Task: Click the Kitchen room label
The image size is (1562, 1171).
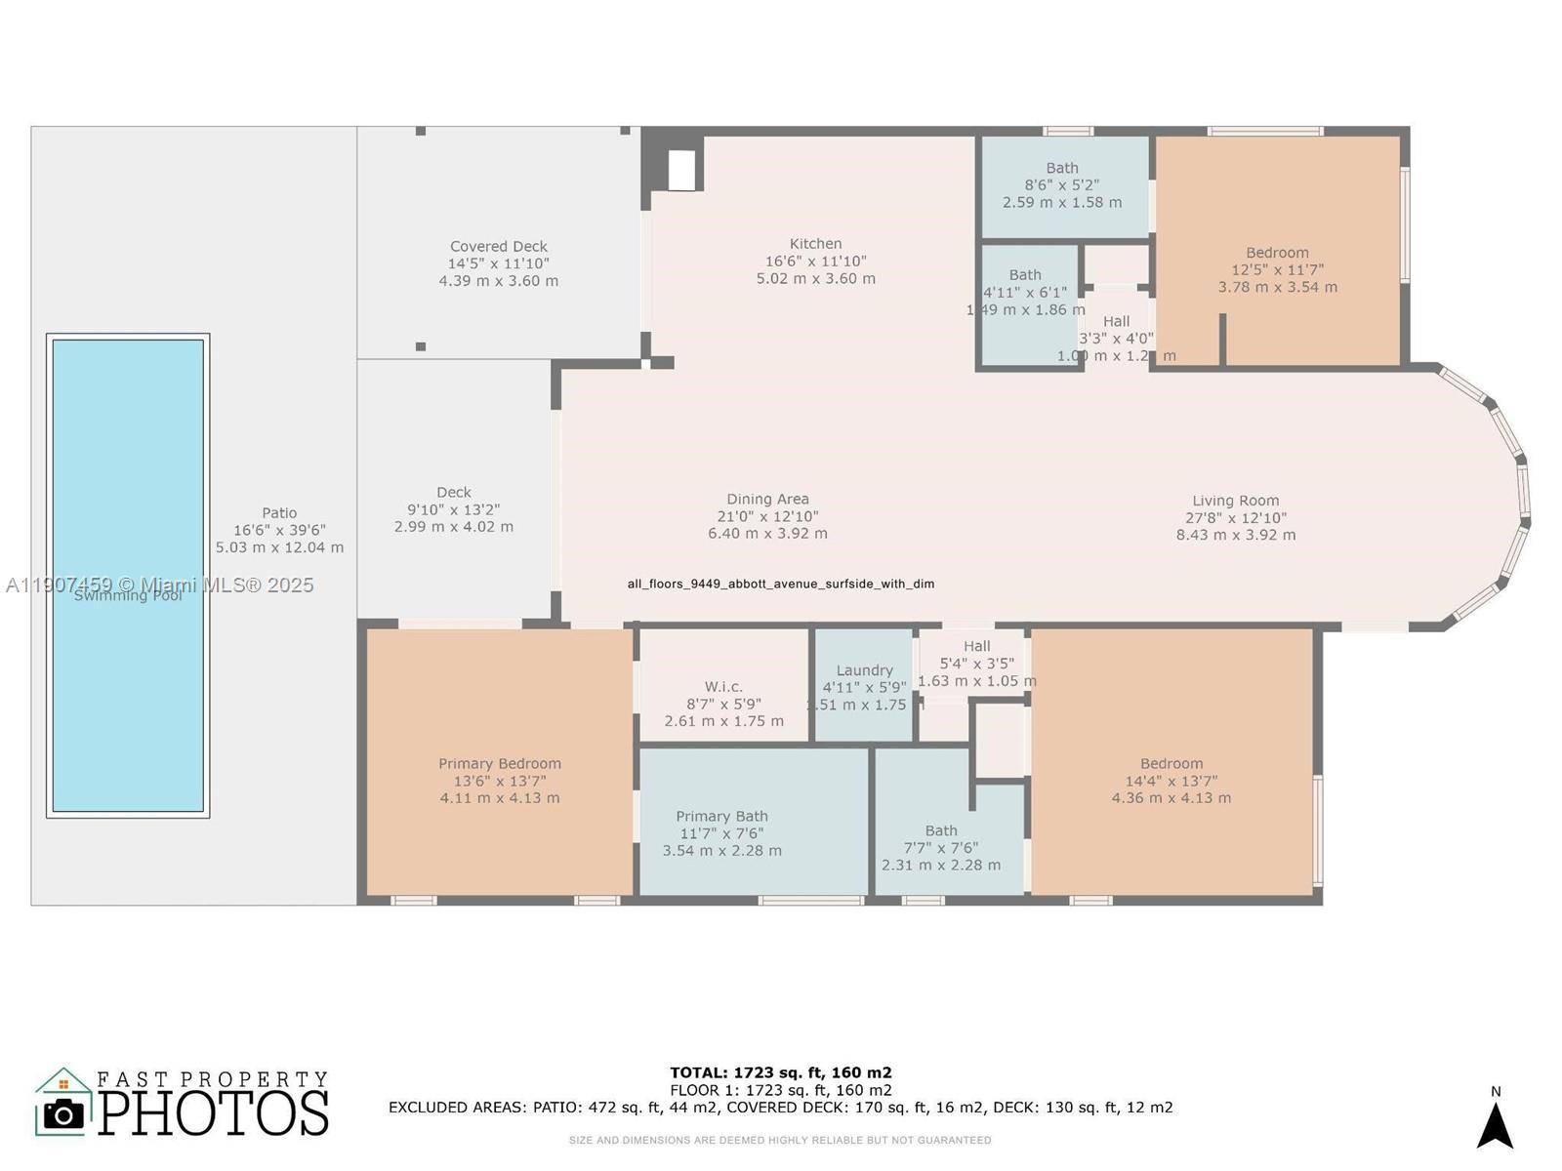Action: click(x=815, y=244)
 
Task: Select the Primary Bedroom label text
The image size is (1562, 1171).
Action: click(x=499, y=764)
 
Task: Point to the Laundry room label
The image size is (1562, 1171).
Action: click(x=864, y=670)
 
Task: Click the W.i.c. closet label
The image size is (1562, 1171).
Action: click(x=723, y=687)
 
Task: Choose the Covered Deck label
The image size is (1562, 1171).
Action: click(x=498, y=247)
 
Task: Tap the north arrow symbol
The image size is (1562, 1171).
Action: click(x=1494, y=1124)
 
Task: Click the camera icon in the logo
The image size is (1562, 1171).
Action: click(x=64, y=1113)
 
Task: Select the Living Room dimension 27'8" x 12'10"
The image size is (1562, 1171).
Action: click(x=1235, y=518)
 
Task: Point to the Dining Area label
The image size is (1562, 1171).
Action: click(x=767, y=500)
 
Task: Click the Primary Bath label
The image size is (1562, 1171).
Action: click(x=721, y=817)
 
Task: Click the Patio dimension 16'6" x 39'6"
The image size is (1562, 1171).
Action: click(x=279, y=530)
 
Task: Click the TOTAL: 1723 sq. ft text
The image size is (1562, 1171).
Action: click(x=780, y=1072)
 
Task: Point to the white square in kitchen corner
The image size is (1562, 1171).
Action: click(x=681, y=171)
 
